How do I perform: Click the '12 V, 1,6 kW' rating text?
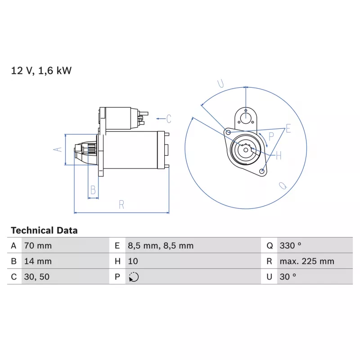(x=41, y=71)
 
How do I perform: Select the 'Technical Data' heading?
(x=44, y=230)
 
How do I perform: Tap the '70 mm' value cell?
(x=38, y=246)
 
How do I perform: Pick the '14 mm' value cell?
(x=38, y=261)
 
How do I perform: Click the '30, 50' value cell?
(x=37, y=277)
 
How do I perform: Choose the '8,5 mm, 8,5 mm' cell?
(x=161, y=246)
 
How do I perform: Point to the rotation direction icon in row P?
(x=134, y=277)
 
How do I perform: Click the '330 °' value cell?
(x=290, y=246)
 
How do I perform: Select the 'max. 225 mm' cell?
(x=307, y=261)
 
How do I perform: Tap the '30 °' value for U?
(x=288, y=277)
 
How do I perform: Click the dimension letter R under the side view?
(x=121, y=205)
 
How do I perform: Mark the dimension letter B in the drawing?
(x=93, y=190)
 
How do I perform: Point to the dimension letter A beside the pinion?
(x=58, y=149)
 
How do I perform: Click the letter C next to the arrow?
(x=169, y=119)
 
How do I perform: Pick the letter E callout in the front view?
(x=288, y=128)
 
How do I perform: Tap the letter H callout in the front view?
(x=279, y=156)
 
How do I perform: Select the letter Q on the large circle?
(x=283, y=185)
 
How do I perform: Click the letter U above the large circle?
(x=221, y=83)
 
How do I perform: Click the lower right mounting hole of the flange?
(x=261, y=171)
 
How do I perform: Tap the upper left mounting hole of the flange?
(x=228, y=132)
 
